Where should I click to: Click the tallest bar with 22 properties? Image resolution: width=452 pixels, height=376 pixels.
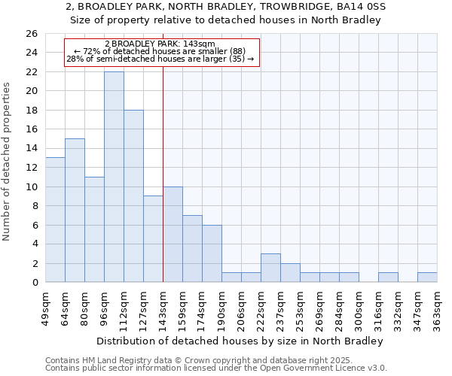pyautogui.click(x=114, y=177)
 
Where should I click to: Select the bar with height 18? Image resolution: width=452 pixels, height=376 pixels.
pyautogui.click(x=133, y=196)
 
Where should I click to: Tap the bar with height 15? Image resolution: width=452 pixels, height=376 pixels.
pyautogui.click(x=75, y=211)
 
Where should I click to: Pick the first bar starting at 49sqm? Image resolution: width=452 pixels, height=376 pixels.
pyautogui.click(x=55, y=220)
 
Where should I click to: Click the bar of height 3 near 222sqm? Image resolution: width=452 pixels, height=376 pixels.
pyautogui.click(x=270, y=268)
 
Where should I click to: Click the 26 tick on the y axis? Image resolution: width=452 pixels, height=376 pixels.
pyautogui.click(x=31, y=34)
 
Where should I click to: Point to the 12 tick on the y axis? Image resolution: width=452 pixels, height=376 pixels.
pyautogui.click(x=31, y=168)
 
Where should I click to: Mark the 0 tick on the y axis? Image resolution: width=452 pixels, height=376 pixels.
pyautogui.click(x=34, y=283)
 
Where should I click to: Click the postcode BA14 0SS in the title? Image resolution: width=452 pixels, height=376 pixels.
pyautogui.click(x=362, y=7)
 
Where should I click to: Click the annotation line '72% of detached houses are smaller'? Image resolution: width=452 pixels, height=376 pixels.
pyautogui.click(x=160, y=51)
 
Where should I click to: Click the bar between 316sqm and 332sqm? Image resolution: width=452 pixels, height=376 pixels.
pyautogui.click(x=388, y=277)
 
